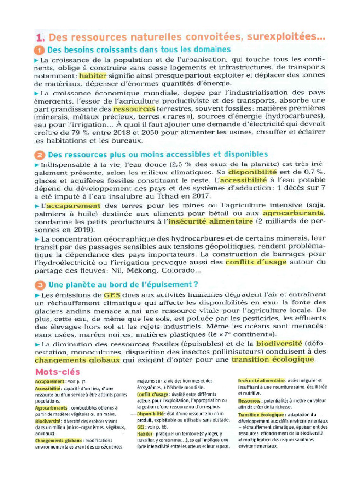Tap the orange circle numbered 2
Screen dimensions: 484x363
40,155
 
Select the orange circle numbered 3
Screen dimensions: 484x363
40,285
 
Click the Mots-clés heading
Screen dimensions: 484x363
58,372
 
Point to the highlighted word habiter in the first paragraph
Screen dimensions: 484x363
94,75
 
